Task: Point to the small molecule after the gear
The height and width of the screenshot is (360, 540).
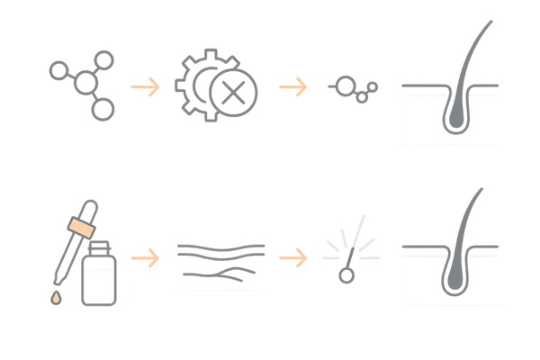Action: coord(353,87)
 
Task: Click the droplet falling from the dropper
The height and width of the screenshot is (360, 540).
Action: coord(53,296)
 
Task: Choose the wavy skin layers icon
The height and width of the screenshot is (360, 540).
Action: coord(220,261)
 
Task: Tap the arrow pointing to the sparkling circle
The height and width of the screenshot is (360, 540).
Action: coord(291,259)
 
